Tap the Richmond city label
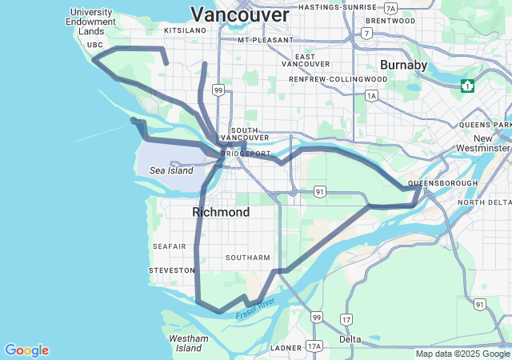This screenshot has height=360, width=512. pos(221,212)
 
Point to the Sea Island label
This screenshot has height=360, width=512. pos(171,170)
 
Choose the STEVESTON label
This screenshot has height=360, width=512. pos(172,270)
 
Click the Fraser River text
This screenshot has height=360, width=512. pos(255,309)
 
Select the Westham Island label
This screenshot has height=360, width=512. pos(190,343)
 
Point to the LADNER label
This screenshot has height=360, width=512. pos(286,348)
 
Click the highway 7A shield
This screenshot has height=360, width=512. pos(390,7)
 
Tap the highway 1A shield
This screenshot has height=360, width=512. pos(371,95)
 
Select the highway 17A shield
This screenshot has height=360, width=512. pos(314,346)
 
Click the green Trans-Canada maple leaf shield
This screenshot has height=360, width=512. pos(467,85)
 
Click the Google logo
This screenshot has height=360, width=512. pos(26,350)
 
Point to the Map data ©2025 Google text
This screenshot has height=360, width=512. pos(462,354)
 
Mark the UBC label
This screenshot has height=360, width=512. pos(95,45)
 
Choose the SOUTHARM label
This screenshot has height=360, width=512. pos(248,258)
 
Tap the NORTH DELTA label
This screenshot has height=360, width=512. pos(483,202)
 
